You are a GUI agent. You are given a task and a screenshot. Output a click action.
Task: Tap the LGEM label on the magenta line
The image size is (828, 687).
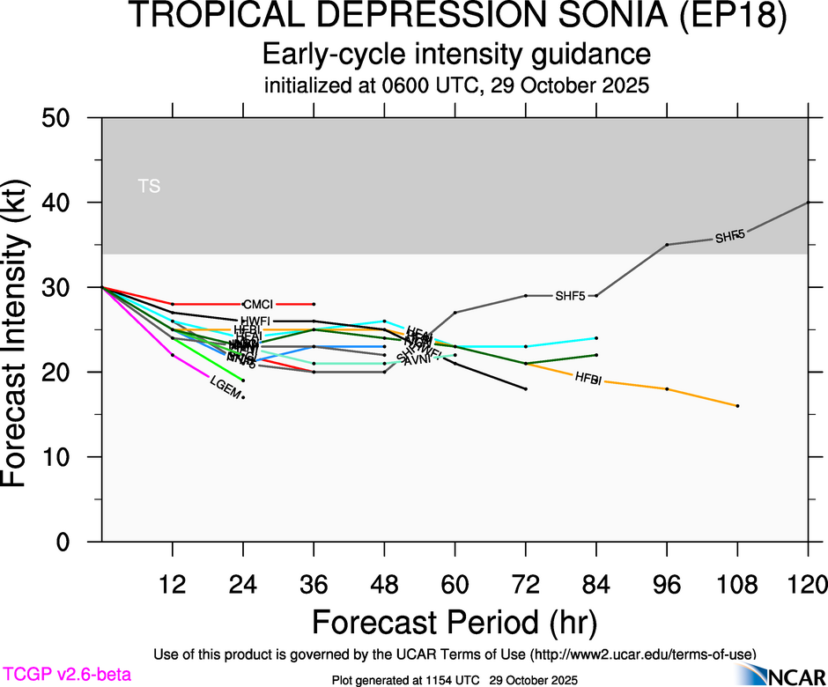[225, 388]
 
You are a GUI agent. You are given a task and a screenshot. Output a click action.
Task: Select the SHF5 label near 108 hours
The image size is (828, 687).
[729, 237]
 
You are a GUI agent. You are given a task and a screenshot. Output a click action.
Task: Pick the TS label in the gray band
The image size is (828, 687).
[149, 186]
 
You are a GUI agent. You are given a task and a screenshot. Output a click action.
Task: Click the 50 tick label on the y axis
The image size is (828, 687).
[61, 118]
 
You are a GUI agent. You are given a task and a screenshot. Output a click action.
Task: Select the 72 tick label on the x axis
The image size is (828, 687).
[526, 583]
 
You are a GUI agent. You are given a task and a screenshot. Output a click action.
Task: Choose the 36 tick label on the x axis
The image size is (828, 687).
[314, 583]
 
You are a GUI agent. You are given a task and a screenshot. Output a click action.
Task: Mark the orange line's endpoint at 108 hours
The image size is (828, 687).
[737, 405]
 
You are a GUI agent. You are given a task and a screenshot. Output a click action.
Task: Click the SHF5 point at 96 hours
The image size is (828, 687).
[667, 244]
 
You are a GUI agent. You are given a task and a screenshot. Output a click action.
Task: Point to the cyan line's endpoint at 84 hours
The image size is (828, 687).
[596, 337]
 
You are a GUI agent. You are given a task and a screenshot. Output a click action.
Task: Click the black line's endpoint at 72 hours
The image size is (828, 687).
[526, 388]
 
